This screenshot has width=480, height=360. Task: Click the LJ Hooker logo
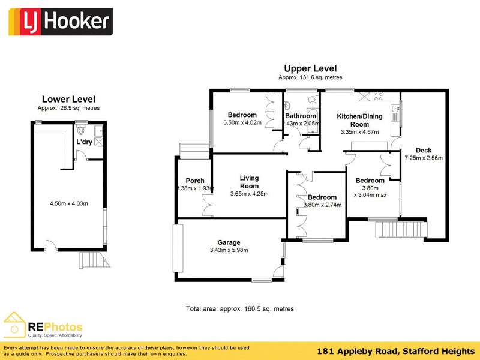click(59, 22)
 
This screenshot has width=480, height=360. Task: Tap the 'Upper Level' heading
click(310, 69)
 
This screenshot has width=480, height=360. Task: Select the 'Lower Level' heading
click(68, 99)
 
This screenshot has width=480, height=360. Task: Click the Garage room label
click(229, 242)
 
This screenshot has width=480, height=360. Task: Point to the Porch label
click(195, 181)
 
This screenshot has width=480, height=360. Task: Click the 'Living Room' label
click(249, 182)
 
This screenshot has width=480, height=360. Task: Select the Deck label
click(424, 151)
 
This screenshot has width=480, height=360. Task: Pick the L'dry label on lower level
click(84, 142)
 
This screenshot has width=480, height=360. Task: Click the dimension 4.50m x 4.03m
click(68, 203)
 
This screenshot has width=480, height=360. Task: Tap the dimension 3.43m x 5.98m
click(229, 250)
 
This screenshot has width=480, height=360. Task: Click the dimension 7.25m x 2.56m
click(424, 158)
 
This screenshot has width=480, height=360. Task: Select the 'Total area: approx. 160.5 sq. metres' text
click(240, 308)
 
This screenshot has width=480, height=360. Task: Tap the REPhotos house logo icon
click(14, 325)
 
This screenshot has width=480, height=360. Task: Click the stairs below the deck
click(400, 229)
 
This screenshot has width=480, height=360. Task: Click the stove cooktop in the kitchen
click(379, 95)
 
